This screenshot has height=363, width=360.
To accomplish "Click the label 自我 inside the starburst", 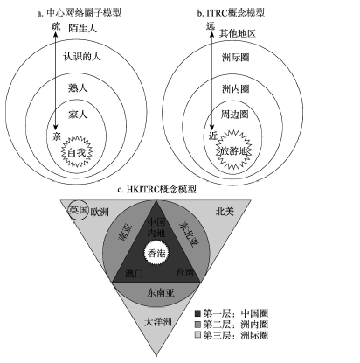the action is [77, 152].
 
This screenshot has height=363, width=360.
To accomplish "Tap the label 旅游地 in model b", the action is [233, 151].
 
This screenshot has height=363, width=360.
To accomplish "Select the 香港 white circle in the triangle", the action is [156, 253].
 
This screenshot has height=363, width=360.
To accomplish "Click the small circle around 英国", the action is [78, 210].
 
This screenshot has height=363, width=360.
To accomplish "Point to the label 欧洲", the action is [100, 212].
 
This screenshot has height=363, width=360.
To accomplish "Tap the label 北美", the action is [225, 211].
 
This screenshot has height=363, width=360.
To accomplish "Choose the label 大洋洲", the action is [158, 322].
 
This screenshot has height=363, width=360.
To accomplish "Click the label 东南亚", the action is [161, 292].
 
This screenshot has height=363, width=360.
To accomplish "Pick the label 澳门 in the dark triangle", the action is [134, 274].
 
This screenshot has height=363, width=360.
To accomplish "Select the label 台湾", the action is [185, 272].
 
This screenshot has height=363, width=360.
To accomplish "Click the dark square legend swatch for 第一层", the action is [197, 313].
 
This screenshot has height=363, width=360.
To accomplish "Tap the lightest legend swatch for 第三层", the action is [197, 335].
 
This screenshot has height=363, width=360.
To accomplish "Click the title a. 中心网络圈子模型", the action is [80, 13].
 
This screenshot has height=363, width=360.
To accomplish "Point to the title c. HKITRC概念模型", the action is [156, 189].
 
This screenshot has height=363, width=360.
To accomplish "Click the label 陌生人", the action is [83, 29].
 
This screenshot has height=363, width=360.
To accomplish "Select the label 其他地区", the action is [238, 33].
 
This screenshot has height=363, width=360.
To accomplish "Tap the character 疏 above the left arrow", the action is [56, 26].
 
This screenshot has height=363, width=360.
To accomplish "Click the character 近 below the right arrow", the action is [213, 136].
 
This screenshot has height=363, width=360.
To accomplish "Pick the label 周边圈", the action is [235, 115].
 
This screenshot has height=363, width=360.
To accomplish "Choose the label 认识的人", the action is [82, 56].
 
